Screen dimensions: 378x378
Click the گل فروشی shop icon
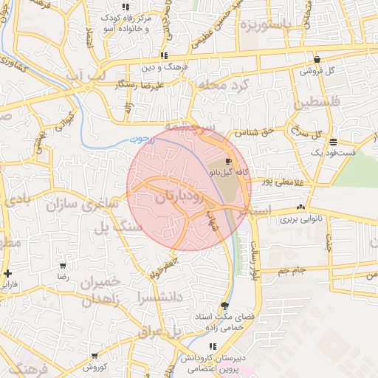(317, 60)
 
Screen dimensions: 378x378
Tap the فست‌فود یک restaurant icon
(334, 141)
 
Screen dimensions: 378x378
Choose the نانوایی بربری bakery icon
(300, 208)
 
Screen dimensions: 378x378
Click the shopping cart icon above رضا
(63, 265)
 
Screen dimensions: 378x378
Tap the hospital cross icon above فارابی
(7, 273)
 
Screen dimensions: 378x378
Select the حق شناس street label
(252, 134)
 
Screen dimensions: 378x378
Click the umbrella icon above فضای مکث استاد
(224, 306)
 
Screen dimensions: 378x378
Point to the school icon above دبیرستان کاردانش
(213, 346)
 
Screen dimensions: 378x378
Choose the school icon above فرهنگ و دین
(164, 55)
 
